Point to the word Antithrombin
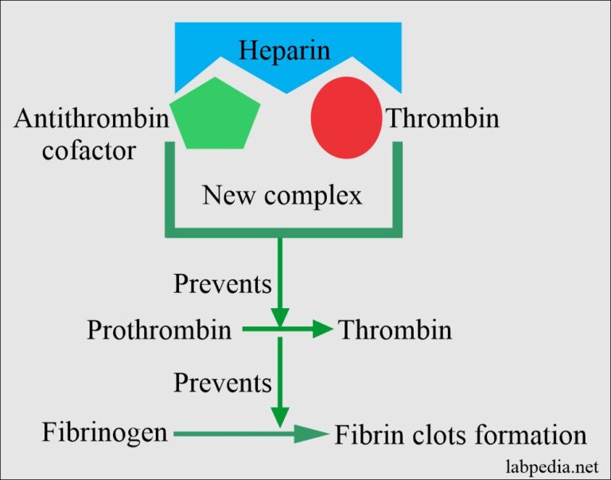(91, 119)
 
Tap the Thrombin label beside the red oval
(442, 119)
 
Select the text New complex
(282, 195)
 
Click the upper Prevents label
(223, 283)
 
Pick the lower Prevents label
(223, 383)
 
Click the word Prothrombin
(160, 330)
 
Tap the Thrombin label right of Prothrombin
(395, 330)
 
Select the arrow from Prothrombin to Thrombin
(286, 329)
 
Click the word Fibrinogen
(105, 433)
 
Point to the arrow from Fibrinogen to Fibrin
(251, 433)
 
